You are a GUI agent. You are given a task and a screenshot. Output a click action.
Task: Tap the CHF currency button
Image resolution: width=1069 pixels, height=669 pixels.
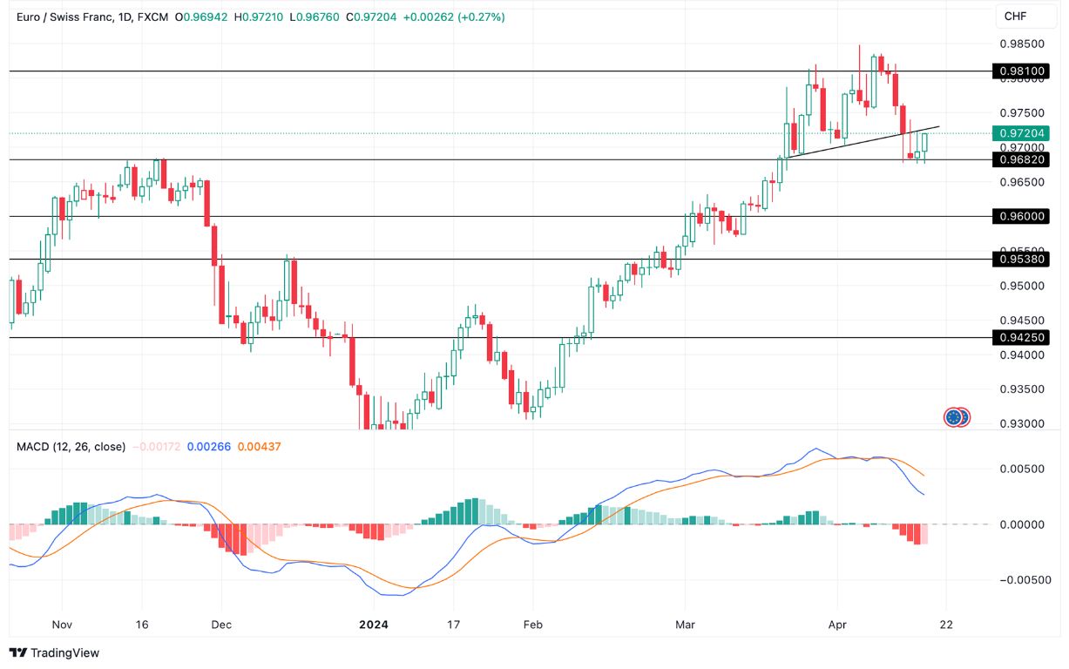coord(1016,17)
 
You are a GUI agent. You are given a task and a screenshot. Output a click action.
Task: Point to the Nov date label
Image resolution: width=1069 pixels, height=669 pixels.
coord(61,625)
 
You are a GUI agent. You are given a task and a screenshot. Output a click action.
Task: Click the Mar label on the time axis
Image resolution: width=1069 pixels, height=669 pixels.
coord(686,625)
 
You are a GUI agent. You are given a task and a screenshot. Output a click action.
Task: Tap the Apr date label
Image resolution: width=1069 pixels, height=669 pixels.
coord(837,625)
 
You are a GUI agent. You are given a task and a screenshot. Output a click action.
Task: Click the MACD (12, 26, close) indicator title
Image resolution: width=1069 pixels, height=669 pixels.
coord(71,447)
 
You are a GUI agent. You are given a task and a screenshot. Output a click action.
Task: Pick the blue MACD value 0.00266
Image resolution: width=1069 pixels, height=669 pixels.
coord(213,447)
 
